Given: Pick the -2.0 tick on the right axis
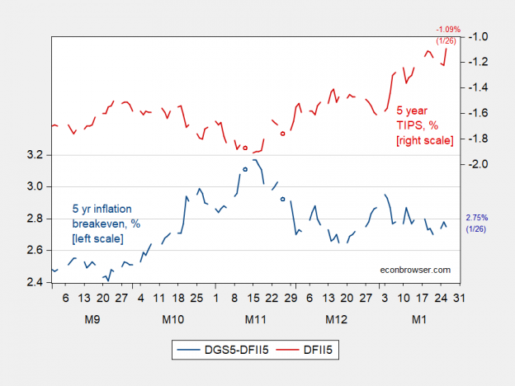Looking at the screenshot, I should tap(480, 164).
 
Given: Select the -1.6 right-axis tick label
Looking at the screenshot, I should tap(480, 113).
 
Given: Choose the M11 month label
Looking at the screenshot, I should tap(255, 318).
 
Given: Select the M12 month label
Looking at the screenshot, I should tap(336, 318).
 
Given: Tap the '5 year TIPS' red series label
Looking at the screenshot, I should tap(425, 125).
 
